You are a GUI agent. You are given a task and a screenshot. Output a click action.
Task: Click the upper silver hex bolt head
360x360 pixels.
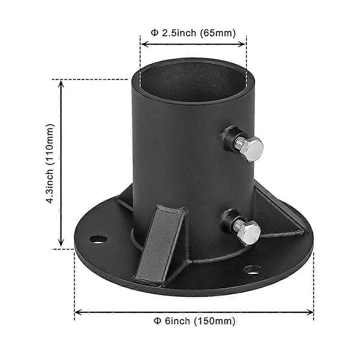(x=252, y=149)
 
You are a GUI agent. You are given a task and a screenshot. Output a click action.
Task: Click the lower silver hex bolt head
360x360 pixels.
(x=251, y=233)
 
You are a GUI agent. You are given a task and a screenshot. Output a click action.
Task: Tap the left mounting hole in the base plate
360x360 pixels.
(x=99, y=240)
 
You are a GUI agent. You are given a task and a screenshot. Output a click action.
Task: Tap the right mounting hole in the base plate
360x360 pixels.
(x=252, y=269)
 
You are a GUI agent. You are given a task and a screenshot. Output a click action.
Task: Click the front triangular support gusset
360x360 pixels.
(x=161, y=243)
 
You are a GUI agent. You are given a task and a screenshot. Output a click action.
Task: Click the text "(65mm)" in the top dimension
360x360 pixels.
(x=218, y=33)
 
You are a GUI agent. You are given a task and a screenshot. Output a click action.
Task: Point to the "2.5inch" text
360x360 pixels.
(x=179, y=33)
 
